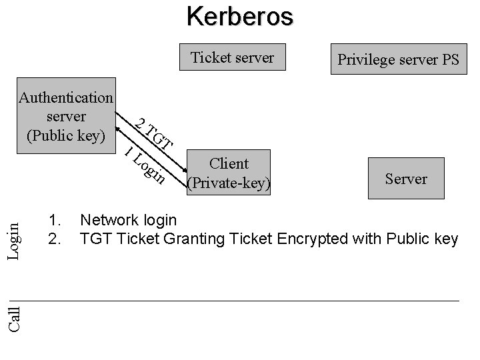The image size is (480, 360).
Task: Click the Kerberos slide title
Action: point(239,16)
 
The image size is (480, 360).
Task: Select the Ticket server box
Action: point(232,58)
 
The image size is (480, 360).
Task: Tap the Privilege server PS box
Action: point(398,60)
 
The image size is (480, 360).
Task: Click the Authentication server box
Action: point(66,117)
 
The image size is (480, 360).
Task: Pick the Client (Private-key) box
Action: point(229,173)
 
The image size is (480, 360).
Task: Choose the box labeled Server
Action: point(406,179)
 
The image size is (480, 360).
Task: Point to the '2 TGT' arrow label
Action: point(154,133)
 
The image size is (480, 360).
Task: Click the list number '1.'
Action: point(56,220)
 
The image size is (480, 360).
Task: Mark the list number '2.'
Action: point(56,238)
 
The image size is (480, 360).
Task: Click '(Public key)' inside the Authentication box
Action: point(66,135)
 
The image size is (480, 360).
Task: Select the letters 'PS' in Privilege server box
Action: point(449,60)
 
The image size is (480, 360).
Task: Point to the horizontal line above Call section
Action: point(240,301)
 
